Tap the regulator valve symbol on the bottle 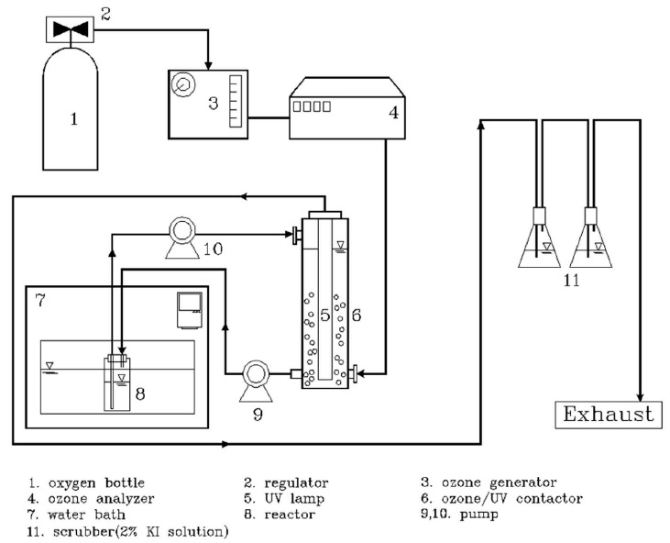tap(71, 29)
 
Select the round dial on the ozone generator tap(183, 83)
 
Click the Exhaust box tap(609, 414)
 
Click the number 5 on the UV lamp tap(324, 315)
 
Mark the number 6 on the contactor tap(357, 315)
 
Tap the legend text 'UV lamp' tap(285, 499)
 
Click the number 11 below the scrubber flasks tap(572, 281)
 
